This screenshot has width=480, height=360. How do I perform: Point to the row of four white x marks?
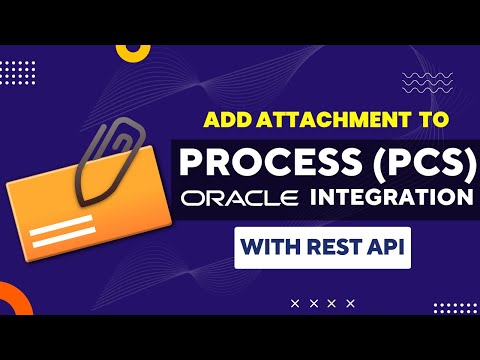click(x=322, y=302)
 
